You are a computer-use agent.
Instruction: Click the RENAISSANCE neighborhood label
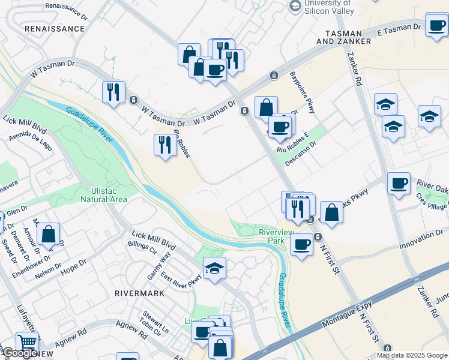pos(54,28)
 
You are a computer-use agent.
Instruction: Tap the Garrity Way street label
pos(159,266)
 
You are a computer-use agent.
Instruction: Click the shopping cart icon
pos(27,342)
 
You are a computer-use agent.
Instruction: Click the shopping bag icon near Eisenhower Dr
pos(49,235)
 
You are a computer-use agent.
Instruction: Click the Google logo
pos(20,353)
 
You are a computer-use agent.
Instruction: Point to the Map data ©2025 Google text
pos(412,355)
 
